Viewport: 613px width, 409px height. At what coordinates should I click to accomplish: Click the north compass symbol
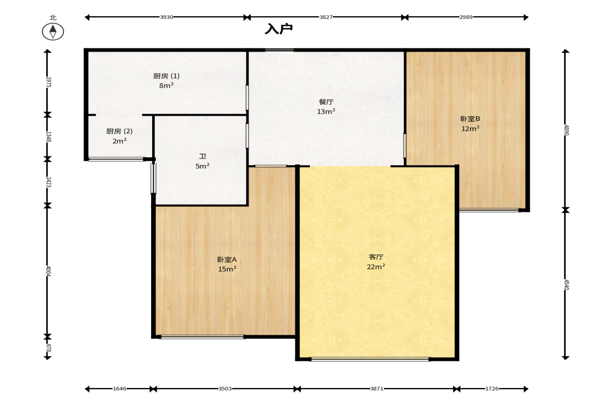click(53, 31)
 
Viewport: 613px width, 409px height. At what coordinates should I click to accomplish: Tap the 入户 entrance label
click(278, 29)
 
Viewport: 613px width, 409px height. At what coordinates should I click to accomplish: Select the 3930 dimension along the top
click(167, 17)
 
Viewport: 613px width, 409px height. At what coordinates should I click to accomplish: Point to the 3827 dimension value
click(326, 17)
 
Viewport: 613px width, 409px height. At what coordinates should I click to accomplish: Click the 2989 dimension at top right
click(466, 17)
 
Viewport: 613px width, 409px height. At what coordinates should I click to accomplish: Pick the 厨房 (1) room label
click(166, 76)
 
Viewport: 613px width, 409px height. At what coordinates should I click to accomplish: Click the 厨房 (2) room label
click(119, 131)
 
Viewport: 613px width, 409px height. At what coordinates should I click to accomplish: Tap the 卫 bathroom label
click(203, 156)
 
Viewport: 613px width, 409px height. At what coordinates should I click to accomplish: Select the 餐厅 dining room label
click(326, 102)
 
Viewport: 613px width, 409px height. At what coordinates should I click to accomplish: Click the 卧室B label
click(470, 119)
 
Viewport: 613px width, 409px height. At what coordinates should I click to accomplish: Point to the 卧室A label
click(227, 259)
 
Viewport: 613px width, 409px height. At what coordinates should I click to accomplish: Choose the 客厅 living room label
click(376, 257)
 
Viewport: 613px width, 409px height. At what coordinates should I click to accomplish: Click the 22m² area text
click(376, 267)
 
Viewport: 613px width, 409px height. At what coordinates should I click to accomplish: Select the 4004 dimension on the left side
click(48, 271)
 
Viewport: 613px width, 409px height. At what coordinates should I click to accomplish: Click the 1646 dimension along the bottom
click(120, 389)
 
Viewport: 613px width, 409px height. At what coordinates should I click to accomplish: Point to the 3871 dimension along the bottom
click(377, 389)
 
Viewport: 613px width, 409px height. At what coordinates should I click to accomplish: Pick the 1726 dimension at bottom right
click(492, 389)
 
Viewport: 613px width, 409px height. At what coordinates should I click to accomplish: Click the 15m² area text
click(227, 269)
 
